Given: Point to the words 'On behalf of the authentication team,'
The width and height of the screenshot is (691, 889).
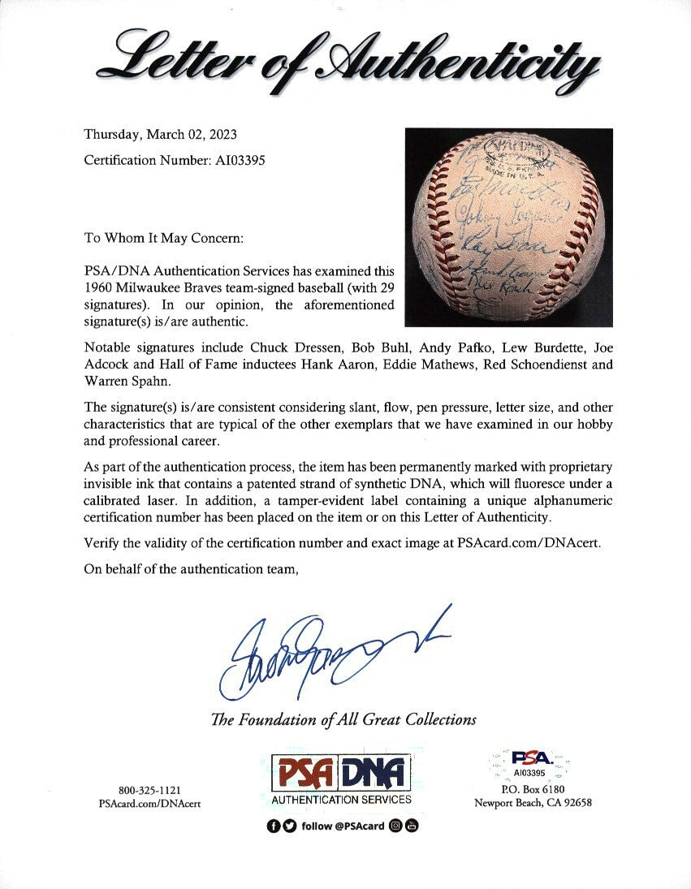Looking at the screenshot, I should pyautogui.click(x=192, y=569).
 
